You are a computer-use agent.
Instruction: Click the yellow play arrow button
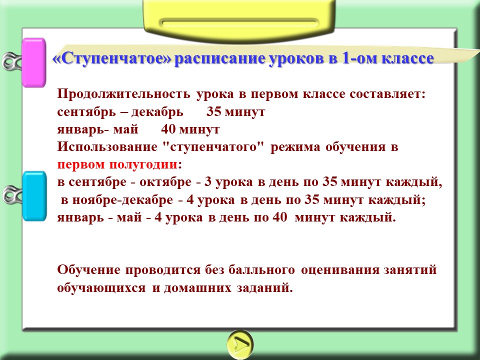pyautogui.click(x=240, y=344)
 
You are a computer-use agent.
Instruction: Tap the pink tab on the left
pyautogui.click(x=34, y=62)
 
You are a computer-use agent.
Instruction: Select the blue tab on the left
pyautogui.click(x=34, y=196)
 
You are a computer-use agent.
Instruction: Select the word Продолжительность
pyautogui.click(x=123, y=94)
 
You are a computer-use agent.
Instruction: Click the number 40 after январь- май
pyautogui.click(x=168, y=129)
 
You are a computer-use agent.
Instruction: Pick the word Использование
pyautogui.click(x=107, y=147)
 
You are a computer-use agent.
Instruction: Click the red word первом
pyautogui.click(x=81, y=165)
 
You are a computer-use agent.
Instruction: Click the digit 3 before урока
pyautogui.click(x=208, y=182)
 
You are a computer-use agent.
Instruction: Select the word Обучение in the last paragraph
pyautogui.click(x=89, y=270)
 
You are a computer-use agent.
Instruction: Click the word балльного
pyautogui.click(x=261, y=269)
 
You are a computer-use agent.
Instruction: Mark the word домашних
pyautogui.click(x=197, y=288)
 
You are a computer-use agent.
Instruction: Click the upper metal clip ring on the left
pyautogui.click(x=11, y=61)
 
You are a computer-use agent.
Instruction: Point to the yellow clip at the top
pyautogui.click(x=239, y=19)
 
